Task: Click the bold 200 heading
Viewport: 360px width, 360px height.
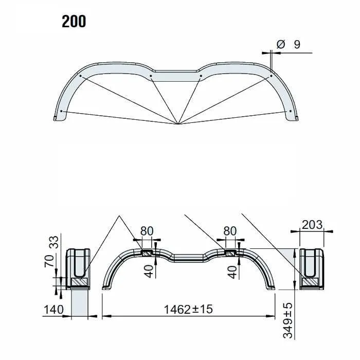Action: pos(74,22)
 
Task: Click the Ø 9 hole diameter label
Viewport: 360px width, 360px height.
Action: pos(289,44)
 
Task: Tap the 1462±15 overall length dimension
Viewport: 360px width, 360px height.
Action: pos(188,309)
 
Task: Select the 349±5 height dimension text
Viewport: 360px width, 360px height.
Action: pos(288,320)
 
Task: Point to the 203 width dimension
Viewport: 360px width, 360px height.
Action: pos(312,225)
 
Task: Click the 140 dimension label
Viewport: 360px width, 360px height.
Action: pos(53,309)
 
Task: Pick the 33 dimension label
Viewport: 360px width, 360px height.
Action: pos(55,242)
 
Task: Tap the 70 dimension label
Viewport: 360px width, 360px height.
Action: pos(49,261)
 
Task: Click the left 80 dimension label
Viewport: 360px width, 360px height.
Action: pos(147,231)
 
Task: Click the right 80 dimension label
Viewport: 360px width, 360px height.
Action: pos(230,231)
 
